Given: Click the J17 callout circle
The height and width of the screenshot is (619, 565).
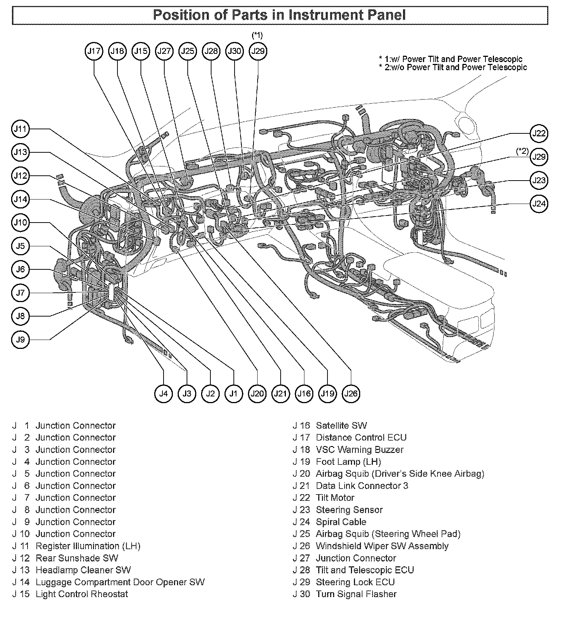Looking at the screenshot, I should (94, 51).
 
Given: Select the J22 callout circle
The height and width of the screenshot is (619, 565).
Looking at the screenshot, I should (539, 134).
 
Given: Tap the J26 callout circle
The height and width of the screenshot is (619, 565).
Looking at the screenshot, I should (351, 393).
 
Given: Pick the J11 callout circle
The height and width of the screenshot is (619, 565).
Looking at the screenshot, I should (20, 129).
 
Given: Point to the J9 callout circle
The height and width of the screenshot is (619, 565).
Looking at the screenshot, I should (20, 340).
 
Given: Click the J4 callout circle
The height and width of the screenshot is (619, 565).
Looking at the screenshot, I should (164, 393).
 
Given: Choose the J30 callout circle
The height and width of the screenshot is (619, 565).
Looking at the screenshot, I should (235, 51).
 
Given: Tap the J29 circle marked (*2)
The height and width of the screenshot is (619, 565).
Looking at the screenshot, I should (539, 157).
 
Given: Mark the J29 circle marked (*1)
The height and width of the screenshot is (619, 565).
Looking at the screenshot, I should (258, 51).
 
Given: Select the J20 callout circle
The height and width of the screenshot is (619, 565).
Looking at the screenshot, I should (257, 393).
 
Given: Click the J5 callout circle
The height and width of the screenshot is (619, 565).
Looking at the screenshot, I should (20, 246).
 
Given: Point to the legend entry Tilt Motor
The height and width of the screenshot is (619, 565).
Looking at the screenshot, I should (335, 498).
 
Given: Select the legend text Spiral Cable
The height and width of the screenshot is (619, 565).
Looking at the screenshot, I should (341, 522).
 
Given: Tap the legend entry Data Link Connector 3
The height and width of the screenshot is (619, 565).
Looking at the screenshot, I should (362, 486).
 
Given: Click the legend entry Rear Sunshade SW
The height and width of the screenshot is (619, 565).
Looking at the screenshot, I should (77, 558).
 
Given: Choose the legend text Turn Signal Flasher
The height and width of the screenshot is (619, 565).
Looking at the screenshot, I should (356, 594).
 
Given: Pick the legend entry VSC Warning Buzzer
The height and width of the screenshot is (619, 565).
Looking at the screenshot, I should (359, 450).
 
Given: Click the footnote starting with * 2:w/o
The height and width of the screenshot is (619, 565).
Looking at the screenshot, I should (453, 67).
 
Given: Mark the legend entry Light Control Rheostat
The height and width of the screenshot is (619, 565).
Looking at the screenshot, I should (82, 594).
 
